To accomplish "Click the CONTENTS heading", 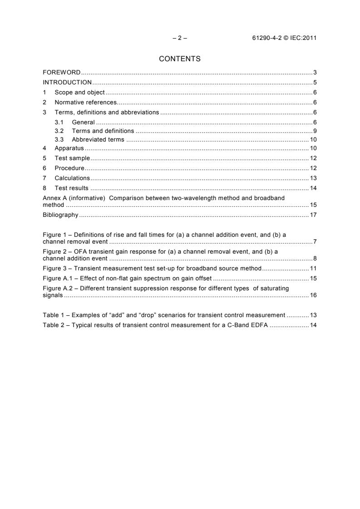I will click(x=180, y=59).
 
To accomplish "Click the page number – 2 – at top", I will click(x=180, y=38).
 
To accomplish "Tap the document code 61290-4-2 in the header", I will click(x=267, y=38).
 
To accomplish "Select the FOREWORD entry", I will click(x=62, y=73).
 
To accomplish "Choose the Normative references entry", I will click(x=86, y=103).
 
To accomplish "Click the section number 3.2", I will click(x=59, y=131).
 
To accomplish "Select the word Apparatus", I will click(x=69, y=148).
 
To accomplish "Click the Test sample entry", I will click(x=72, y=158).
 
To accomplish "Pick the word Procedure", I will click(x=70, y=168).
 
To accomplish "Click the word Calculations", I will click(x=72, y=178).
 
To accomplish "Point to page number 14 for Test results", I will click(x=313, y=188).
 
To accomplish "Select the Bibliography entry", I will click(x=60, y=215).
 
